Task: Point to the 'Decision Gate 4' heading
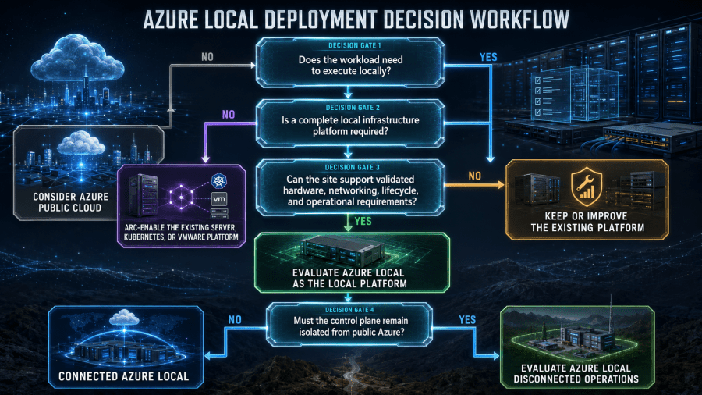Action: pos(349,310)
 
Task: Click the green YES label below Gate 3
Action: pos(363,221)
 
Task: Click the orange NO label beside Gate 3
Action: pos(474,176)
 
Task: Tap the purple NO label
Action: pos(229,115)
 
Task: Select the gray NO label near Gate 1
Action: pos(207,57)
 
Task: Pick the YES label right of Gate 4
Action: pos(467,320)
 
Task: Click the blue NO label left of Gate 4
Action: pos(235,320)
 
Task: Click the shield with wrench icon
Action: pos(587,187)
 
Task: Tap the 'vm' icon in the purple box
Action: pos(219,199)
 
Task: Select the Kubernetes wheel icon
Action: pos(218,181)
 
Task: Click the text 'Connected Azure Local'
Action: pos(123,376)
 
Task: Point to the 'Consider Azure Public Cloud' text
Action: pos(70,202)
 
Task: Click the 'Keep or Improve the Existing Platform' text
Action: pos(587,222)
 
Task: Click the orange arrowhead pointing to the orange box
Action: pos(501,184)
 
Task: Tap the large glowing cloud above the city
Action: pos(77,59)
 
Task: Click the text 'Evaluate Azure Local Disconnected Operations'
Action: pos(576,374)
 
